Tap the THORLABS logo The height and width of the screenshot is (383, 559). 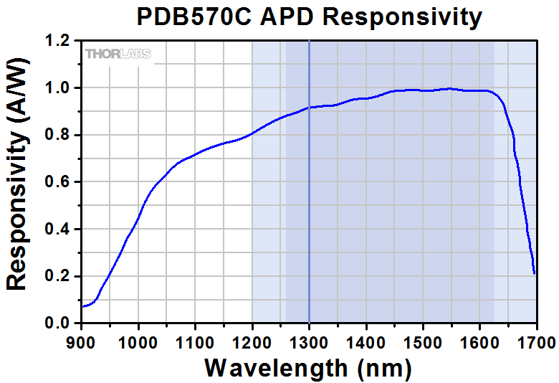point(118,54)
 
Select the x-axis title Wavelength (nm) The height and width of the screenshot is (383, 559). point(308,368)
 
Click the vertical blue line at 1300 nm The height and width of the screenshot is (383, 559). point(309,215)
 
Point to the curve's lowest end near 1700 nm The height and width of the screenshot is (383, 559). point(535,273)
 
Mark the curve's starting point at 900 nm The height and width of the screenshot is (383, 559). point(83,307)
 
